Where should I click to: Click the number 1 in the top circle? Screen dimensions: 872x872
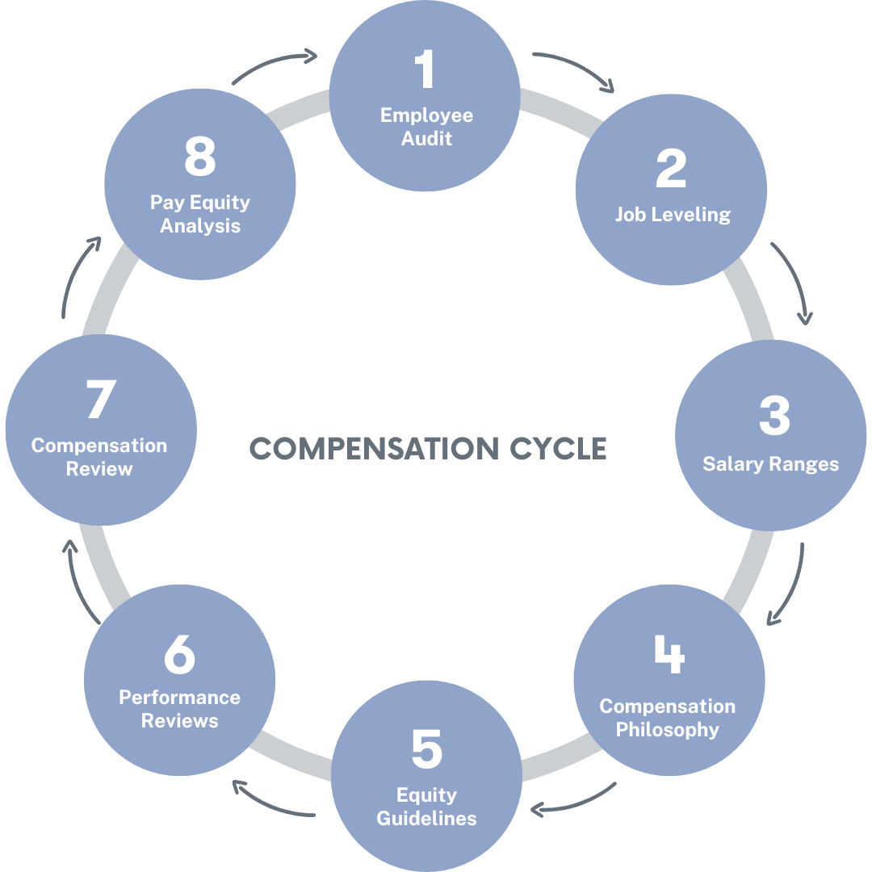pyautogui.click(x=424, y=69)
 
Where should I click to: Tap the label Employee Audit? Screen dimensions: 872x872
pyautogui.click(x=426, y=127)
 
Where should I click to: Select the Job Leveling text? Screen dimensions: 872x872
pyautogui.click(x=672, y=215)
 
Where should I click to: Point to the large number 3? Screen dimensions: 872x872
pyautogui.click(x=773, y=417)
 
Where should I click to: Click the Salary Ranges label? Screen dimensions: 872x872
pyautogui.click(x=770, y=464)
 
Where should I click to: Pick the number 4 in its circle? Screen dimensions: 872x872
pyautogui.click(x=669, y=655)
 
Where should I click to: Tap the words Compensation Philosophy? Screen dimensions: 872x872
pyautogui.click(x=667, y=718)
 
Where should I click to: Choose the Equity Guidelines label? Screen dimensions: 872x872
pyautogui.click(x=427, y=807)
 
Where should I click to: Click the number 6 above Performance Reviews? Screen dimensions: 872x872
pyautogui.click(x=179, y=655)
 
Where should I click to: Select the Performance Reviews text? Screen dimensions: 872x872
pyautogui.click(x=179, y=709)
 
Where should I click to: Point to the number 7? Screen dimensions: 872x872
pyautogui.click(x=100, y=400)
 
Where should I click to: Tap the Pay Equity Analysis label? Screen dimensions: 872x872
pyautogui.click(x=199, y=214)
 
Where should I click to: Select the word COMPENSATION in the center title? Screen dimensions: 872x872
pyautogui.click(x=373, y=448)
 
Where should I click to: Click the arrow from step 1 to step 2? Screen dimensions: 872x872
pyautogui.click(x=575, y=69)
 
